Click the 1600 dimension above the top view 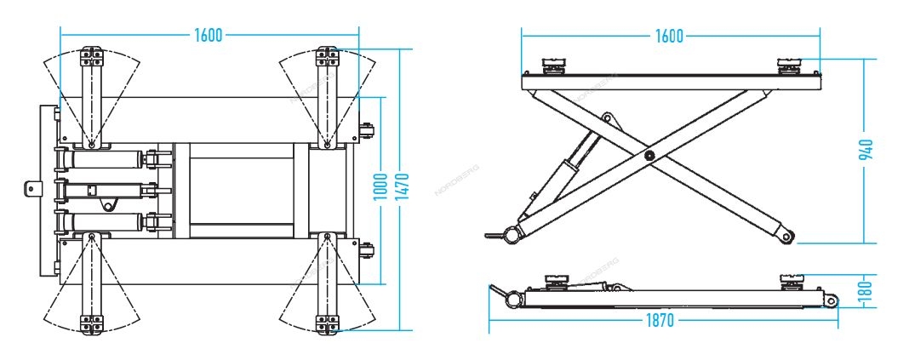(209, 36)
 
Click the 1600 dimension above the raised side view (670, 36)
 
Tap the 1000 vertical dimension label (380, 186)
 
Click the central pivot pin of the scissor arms (649, 155)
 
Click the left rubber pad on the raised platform (553, 66)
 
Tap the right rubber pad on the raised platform (789, 66)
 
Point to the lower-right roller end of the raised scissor (786, 236)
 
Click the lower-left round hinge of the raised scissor (511, 236)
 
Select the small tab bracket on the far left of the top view (33, 188)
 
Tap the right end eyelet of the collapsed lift (832, 301)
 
